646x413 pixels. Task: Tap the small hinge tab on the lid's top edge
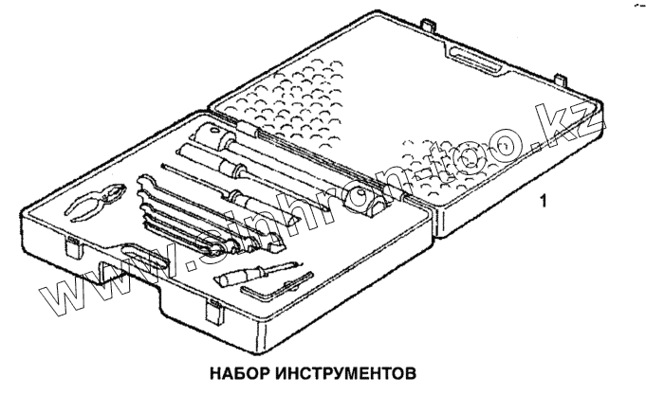tap(428, 22)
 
